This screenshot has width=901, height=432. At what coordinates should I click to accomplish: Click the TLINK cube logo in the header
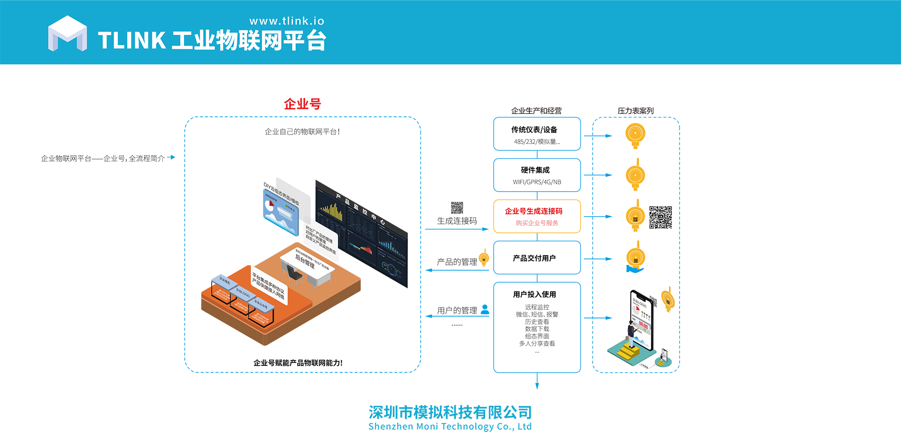tap(68, 34)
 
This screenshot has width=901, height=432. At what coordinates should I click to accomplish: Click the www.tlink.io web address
tap(287, 21)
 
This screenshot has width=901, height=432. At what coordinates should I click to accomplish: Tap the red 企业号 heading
tap(302, 104)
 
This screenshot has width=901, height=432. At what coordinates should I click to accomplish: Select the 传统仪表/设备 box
tap(537, 134)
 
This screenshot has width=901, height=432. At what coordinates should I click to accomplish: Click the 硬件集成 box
tap(537, 175)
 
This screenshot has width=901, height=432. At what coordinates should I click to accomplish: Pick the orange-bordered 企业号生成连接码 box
tap(537, 216)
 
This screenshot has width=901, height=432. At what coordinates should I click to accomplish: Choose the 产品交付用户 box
tap(537, 258)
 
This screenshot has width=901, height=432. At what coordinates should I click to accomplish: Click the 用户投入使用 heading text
tap(534, 295)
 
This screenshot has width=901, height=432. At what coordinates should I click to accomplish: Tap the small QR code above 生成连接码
tap(457, 207)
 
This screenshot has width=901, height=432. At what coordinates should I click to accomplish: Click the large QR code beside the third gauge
tap(660, 217)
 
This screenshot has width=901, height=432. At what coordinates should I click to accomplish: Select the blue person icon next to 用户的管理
tap(485, 310)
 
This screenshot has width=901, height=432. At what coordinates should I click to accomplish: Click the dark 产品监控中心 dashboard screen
tap(361, 232)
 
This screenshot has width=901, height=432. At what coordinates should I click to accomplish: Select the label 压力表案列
tap(635, 111)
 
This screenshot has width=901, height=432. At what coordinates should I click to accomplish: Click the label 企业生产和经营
tap(536, 111)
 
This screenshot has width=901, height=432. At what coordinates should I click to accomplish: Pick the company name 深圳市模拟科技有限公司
tap(450, 412)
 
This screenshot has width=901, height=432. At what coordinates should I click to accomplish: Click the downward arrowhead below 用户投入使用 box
tap(537, 386)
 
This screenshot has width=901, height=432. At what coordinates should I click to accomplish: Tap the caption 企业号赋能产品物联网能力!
tap(298, 363)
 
